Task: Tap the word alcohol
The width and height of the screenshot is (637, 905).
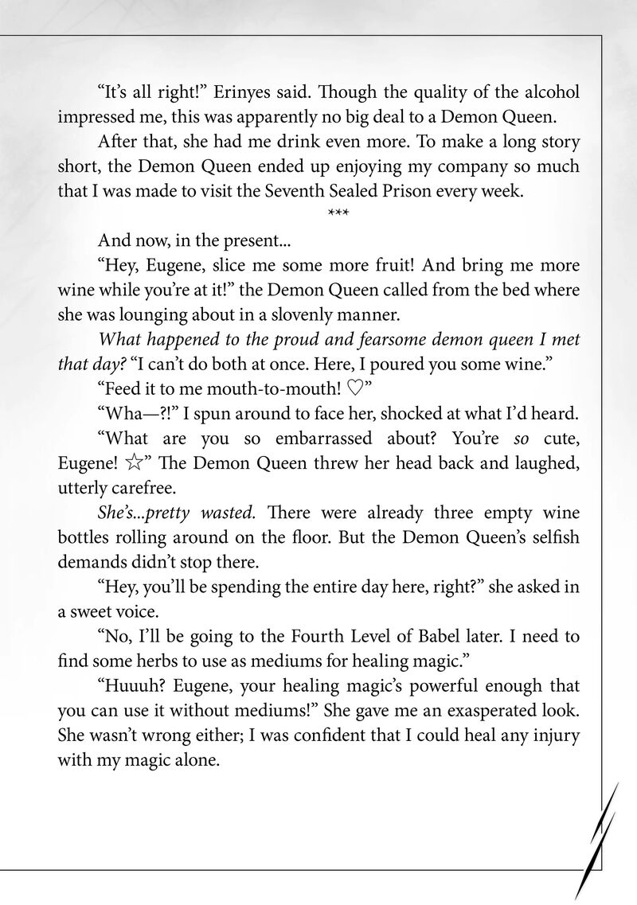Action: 547,92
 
